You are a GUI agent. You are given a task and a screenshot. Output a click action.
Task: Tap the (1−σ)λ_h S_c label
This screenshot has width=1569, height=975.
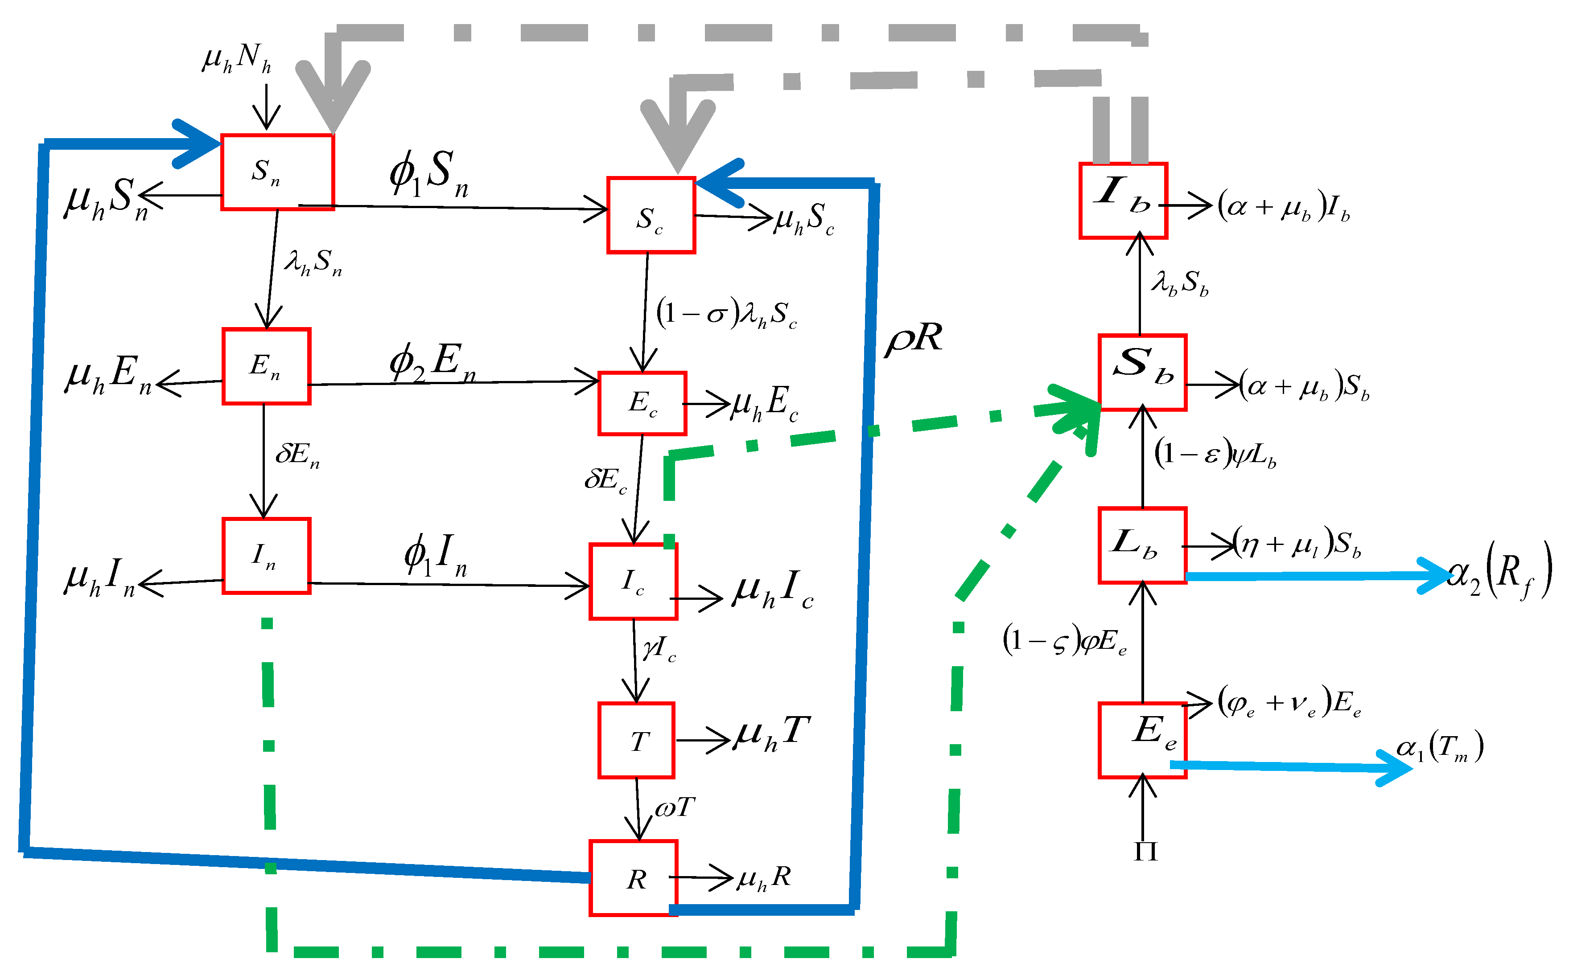tap(726, 313)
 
